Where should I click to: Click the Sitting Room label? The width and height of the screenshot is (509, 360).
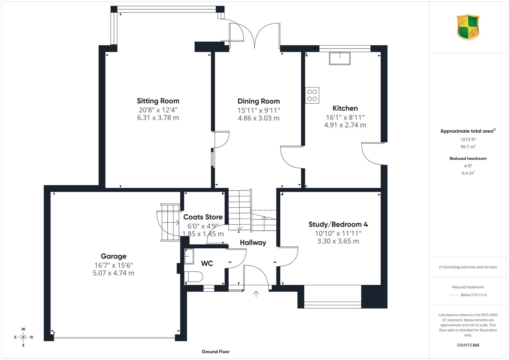click(x=158, y=101)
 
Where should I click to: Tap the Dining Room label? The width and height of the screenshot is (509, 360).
click(x=259, y=101)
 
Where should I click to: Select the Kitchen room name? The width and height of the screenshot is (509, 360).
click(x=345, y=108)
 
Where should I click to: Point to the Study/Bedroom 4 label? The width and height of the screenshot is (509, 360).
click(x=338, y=225)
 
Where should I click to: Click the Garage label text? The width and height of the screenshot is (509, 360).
click(x=114, y=256)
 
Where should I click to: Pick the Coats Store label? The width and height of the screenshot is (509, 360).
click(x=203, y=217)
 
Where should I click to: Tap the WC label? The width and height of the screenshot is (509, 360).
click(x=207, y=263)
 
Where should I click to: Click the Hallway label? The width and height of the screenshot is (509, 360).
click(x=253, y=243)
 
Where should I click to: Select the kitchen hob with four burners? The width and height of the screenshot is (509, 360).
click(x=312, y=95)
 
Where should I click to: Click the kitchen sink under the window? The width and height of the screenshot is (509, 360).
click(x=340, y=59)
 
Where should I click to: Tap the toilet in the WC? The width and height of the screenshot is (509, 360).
click(x=193, y=277)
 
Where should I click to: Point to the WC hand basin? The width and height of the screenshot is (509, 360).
click(x=189, y=256)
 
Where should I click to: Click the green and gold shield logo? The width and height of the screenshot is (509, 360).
click(x=468, y=27)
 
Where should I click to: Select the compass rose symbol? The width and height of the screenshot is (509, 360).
click(x=24, y=337)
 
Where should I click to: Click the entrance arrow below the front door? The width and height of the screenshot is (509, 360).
click(x=256, y=294)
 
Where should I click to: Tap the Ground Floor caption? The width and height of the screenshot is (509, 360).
click(x=216, y=352)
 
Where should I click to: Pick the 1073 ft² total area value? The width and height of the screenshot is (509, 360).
click(x=468, y=140)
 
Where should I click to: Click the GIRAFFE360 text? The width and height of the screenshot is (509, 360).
click(x=468, y=345)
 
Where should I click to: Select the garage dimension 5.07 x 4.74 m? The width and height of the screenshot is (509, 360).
click(x=114, y=273)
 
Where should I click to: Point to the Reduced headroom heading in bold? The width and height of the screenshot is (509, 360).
click(x=468, y=159)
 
